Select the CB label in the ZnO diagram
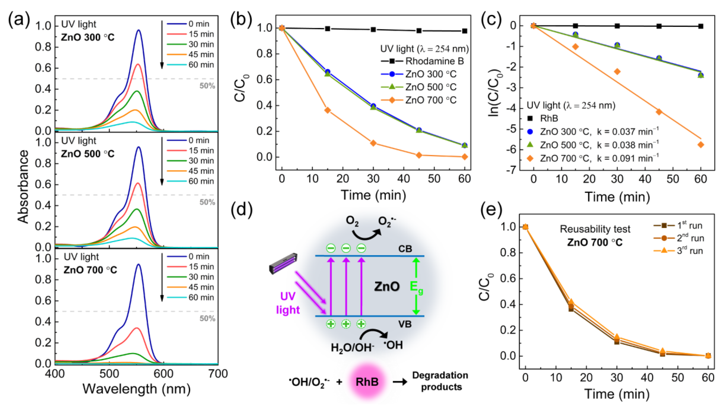(405, 249)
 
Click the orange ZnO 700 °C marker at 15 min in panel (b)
(328, 110)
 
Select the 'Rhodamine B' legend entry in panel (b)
(434, 61)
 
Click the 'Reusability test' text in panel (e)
(595, 229)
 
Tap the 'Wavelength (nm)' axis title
(136, 389)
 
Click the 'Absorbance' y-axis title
(23, 187)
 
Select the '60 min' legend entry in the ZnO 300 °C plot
(201, 65)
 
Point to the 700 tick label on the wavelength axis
(218, 374)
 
